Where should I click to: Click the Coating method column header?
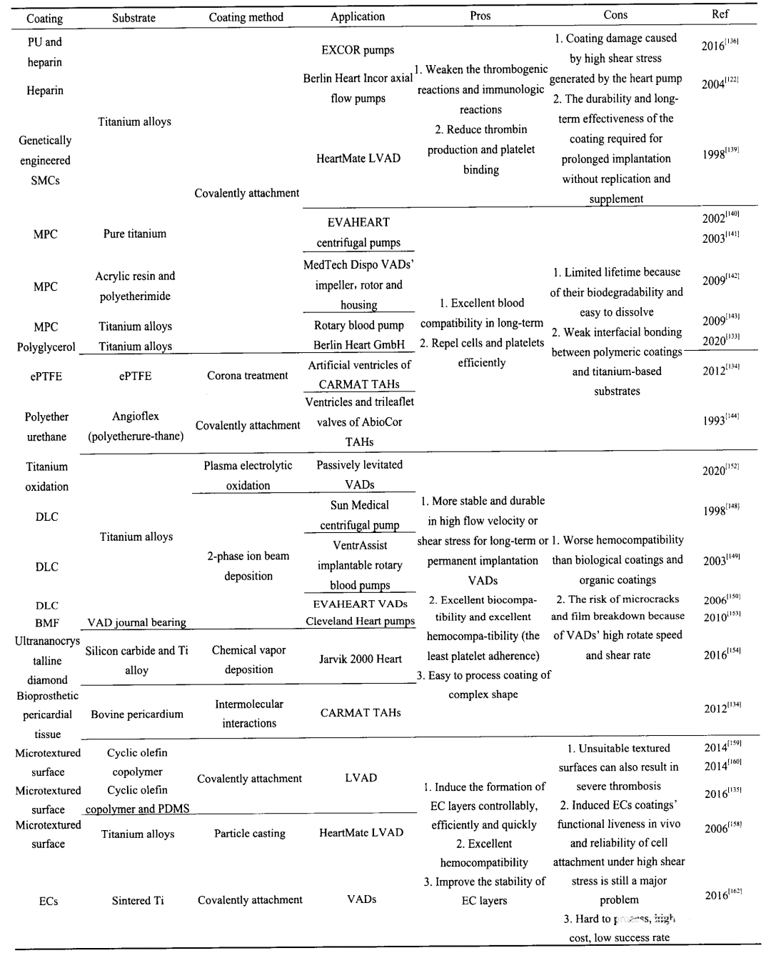[x=246, y=17]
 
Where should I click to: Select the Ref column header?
[x=720, y=14]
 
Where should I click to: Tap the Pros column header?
[x=480, y=16]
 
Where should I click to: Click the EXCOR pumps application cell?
[x=358, y=50]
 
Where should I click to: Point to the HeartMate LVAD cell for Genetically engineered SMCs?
[x=358, y=159]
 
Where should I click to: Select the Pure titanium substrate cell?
[x=135, y=234]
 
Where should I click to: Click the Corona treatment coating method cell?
[x=248, y=376]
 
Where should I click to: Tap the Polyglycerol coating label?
[x=46, y=346]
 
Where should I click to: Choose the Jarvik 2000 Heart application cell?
[x=361, y=659]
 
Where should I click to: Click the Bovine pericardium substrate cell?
[x=137, y=714]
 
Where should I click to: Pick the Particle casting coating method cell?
[x=250, y=833]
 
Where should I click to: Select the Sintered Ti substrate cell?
[x=138, y=901]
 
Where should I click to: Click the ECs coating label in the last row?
[x=49, y=902]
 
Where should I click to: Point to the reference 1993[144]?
[x=720, y=420]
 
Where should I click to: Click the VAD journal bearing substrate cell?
[x=136, y=622]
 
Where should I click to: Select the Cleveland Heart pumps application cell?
[x=361, y=622]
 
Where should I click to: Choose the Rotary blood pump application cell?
[x=359, y=325]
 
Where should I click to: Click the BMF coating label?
[x=47, y=623]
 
